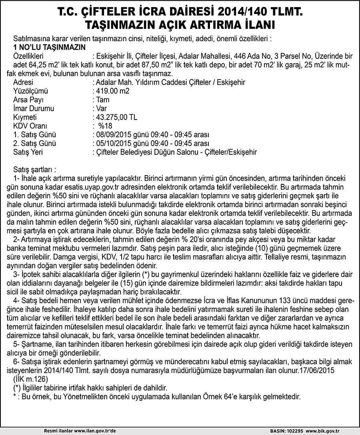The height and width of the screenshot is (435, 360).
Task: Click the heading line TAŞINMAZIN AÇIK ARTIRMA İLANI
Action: coord(180,24)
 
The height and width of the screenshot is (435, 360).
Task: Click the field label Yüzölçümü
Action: coord(30,91)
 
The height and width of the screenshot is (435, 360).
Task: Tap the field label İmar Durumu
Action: coord(34,108)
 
